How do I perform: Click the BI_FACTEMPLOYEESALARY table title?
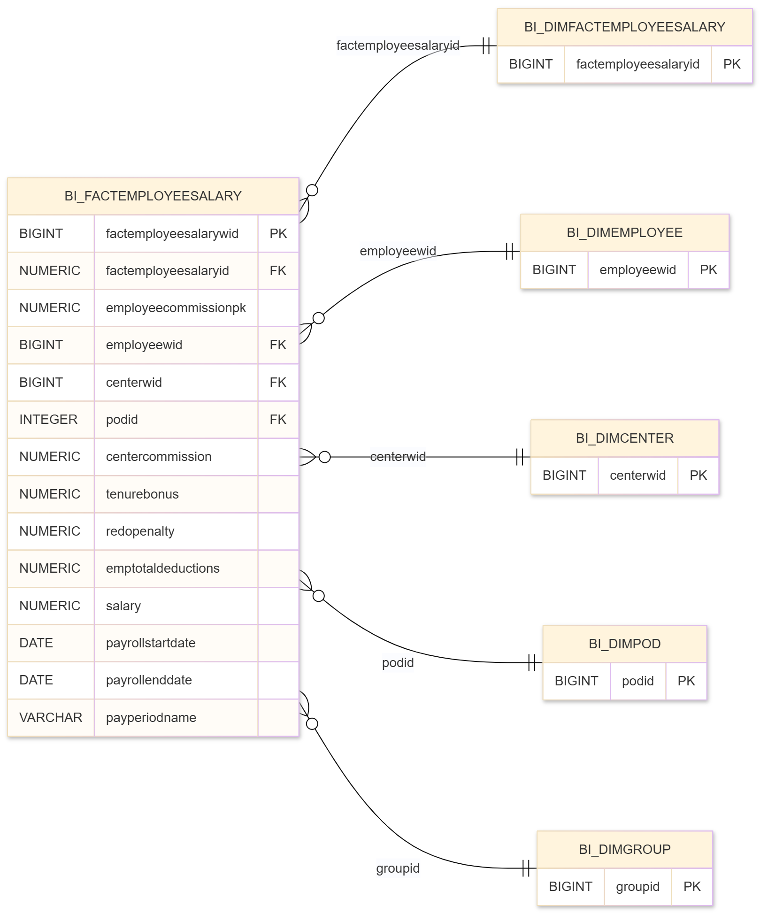pos(153,196)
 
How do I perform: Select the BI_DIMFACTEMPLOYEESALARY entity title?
pos(624,27)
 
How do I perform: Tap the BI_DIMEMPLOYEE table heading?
pos(624,233)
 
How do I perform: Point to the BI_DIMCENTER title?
pos(624,438)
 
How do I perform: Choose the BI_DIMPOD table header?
pos(624,644)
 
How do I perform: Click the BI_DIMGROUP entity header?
pos(624,850)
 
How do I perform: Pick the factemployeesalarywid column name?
pos(172,234)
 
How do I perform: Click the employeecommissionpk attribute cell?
pos(176,308)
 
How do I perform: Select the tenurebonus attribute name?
pos(142,494)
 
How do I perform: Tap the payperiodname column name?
pos(151,718)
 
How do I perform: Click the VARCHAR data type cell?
pos(51,718)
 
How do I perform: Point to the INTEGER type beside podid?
pos(48,420)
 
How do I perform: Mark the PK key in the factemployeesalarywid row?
pos(278,234)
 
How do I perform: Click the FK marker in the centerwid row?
pos(278,383)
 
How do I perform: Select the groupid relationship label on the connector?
pos(398,868)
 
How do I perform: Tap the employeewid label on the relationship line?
pos(398,251)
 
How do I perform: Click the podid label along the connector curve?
pos(398,663)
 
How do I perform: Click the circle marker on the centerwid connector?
pos(324,457)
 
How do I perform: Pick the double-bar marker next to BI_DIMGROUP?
pos(526,868)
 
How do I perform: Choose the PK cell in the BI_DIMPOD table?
pos(686,681)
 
